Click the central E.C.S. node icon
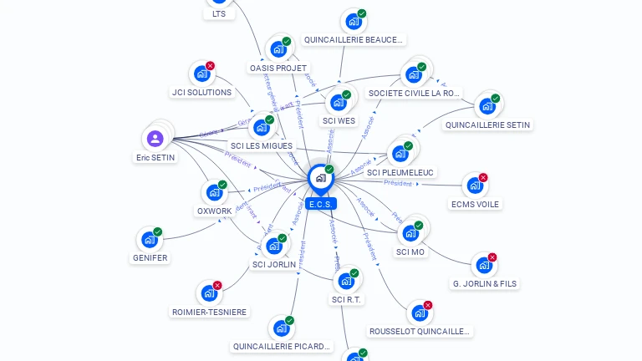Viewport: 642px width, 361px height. point(320,178)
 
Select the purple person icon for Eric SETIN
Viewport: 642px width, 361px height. point(155,138)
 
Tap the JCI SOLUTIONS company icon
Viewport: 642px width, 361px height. point(201,74)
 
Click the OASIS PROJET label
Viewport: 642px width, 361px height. point(278,68)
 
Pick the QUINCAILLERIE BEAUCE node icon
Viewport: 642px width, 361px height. point(353,22)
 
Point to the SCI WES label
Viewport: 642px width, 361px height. point(339,120)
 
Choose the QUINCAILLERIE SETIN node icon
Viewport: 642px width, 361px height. point(486,107)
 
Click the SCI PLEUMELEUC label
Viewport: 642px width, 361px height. point(400,172)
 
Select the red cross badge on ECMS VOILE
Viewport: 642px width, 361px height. point(483,177)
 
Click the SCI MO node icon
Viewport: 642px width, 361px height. point(410,233)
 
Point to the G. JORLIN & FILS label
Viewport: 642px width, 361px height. point(484,283)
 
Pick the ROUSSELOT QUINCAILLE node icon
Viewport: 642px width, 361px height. point(419,313)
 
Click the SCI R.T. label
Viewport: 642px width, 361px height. point(347,299)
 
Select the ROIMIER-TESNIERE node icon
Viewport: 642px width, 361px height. point(208,293)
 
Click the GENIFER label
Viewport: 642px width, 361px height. point(150,258)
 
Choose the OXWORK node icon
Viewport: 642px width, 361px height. point(214,193)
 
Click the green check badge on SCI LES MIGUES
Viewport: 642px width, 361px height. point(270,119)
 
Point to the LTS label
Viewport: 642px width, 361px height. point(219,13)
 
